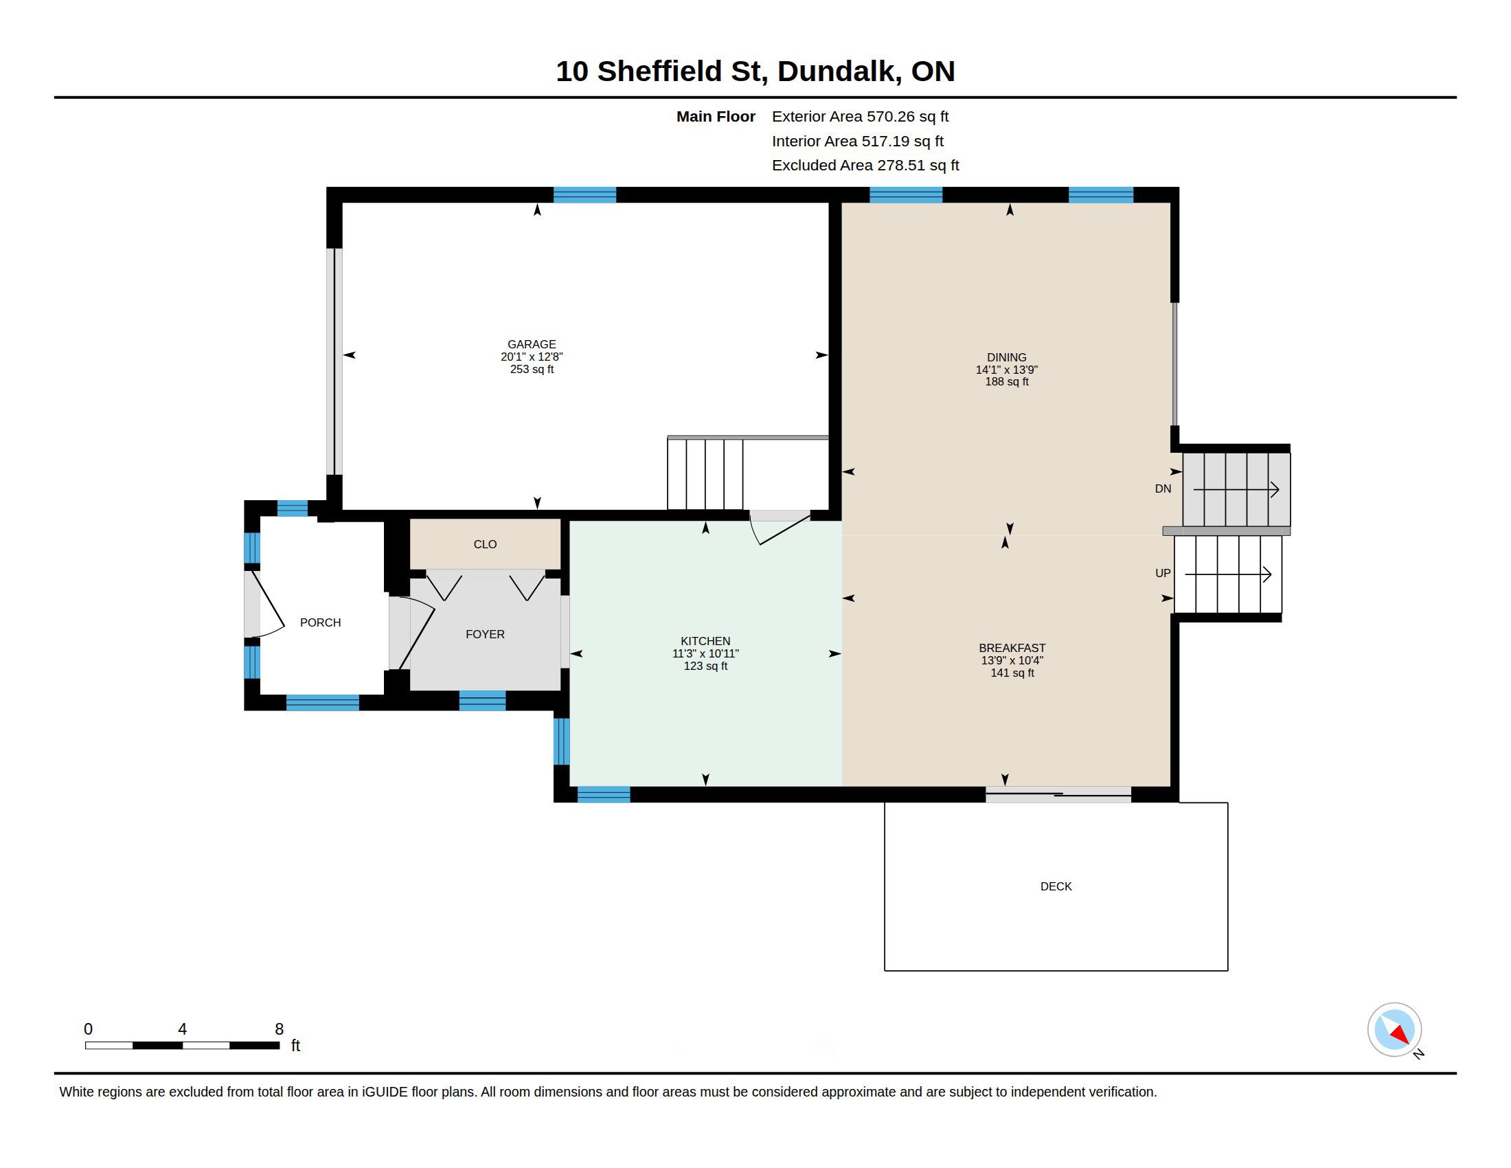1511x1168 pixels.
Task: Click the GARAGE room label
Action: (532, 344)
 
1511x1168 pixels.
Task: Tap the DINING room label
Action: (1007, 357)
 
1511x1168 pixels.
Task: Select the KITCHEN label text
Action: (705, 641)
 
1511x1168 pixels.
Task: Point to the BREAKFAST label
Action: (1012, 648)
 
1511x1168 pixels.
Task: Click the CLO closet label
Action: (485, 544)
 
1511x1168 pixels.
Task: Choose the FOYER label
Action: (485, 634)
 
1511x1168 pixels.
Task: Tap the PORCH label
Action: (320, 622)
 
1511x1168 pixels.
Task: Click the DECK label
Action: (1056, 886)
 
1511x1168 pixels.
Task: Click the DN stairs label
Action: (1163, 488)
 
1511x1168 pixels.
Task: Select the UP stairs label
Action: (1163, 573)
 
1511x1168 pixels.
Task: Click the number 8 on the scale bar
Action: (279, 1029)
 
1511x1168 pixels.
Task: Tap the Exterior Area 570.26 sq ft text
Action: (860, 116)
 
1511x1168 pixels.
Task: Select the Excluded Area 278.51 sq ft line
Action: (865, 165)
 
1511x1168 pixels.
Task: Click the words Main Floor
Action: (716, 116)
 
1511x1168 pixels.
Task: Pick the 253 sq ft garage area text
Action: (532, 369)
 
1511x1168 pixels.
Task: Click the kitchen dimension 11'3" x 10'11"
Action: (705, 653)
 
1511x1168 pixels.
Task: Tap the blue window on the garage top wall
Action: (584, 194)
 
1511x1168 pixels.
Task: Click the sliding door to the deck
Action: (1058, 794)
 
